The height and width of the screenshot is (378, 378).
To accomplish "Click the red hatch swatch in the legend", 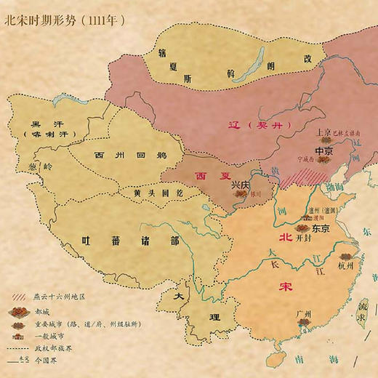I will click(x=19, y=297).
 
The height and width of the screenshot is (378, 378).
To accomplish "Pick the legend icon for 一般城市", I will click(x=19, y=336).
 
